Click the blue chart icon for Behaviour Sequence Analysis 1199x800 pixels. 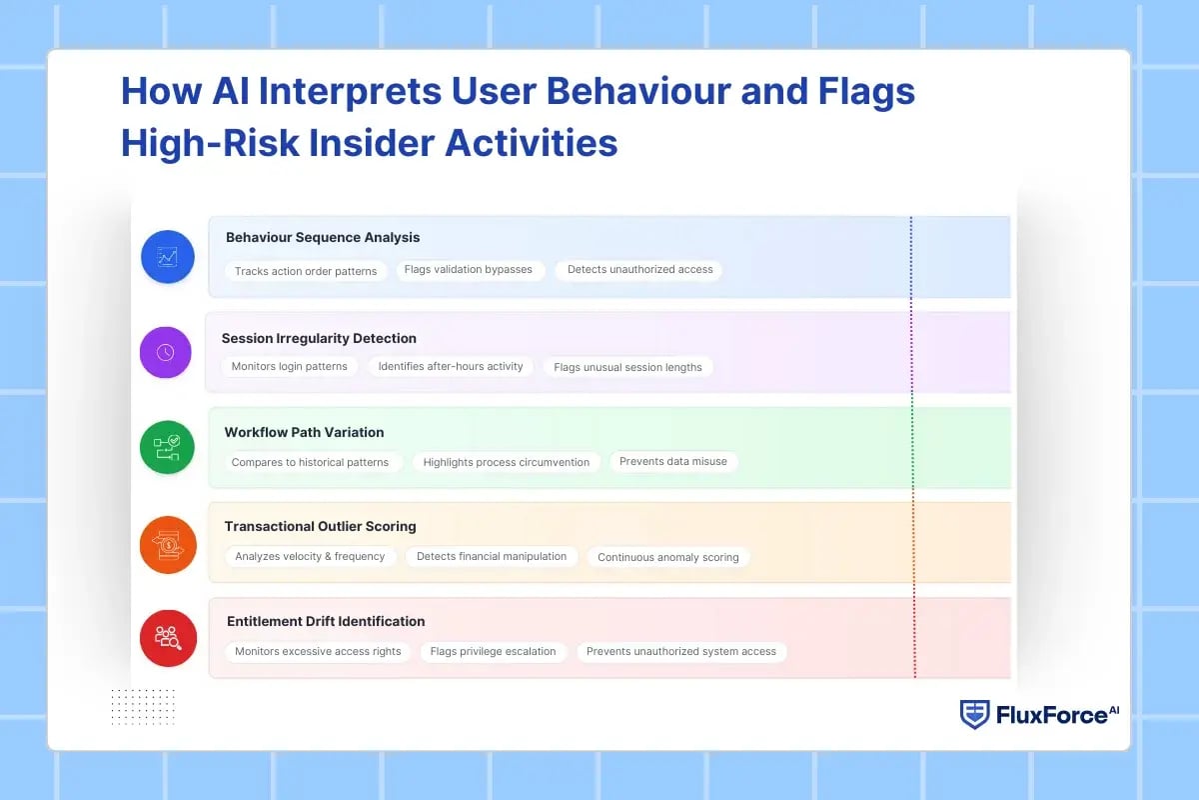pyautogui.click(x=168, y=257)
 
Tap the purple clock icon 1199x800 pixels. pyautogui.click(x=165, y=352)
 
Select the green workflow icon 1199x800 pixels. pyautogui.click(x=167, y=447)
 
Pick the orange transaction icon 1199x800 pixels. pyautogui.click(x=168, y=544)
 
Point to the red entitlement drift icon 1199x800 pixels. pyautogui.click(x=167, y=638)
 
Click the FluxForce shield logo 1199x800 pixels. pyautogui.click(x=974, y=714)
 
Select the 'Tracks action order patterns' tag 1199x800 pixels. pyautogui.click(x=306, y=271)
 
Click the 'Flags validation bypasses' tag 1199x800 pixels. pyautogui.click(x=469, y=269)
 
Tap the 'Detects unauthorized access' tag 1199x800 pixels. pyautogui.click(x=639, y=269)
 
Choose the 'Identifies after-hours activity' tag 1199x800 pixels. pyautogui.click(x=451, y=366)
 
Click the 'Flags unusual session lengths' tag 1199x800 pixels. pyautogui.click(x=627, y=367)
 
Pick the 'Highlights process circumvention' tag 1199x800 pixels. pyautogui.click(x=507, y=462)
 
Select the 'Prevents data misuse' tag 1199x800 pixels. pyautogui.click(x=673, y=461)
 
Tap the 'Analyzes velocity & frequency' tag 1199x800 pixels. pyautogui.click(x=310, y=556)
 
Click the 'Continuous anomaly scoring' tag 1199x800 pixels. pyautogui.click(x=668, y=557)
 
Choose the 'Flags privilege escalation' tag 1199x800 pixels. pyautogui.click(x=493, y=651)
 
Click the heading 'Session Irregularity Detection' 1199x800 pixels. pyautogui.click(x=319, y=338)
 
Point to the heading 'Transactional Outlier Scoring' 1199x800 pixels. pyautogui.click(x=320, y=526)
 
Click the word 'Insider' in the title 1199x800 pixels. pyautogui.click(x=371, y=143)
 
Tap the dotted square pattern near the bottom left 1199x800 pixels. pyautogui.click(x=143, y=706)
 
